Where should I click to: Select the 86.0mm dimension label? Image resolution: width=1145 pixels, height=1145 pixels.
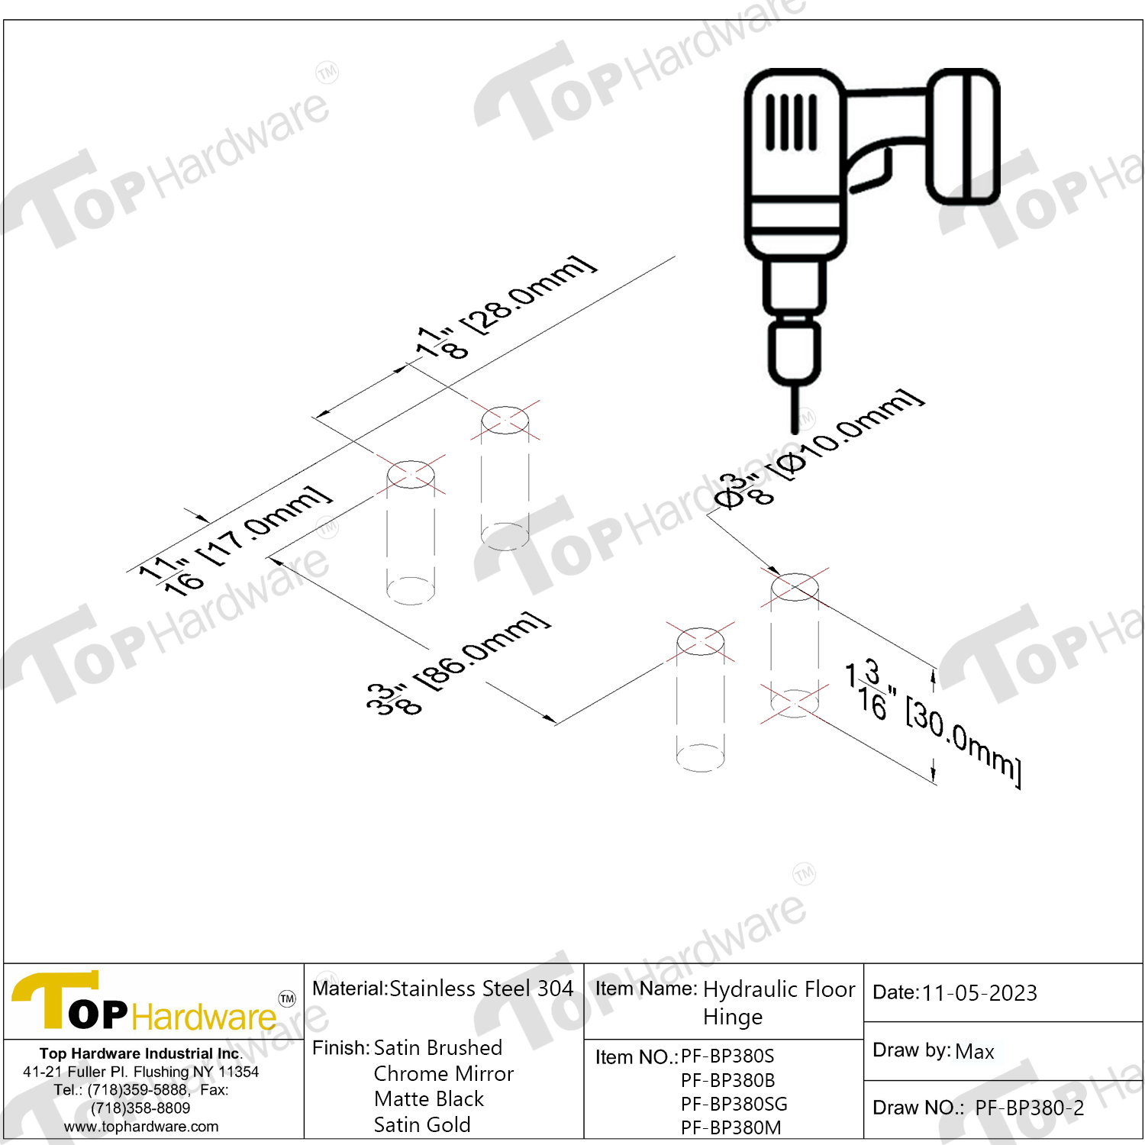pos(458,664)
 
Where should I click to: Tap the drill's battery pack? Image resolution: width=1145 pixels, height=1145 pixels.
pos(963,137)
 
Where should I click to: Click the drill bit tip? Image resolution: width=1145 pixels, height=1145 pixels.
pos(795,430)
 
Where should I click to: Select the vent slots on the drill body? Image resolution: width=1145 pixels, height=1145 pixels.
pos(792,122)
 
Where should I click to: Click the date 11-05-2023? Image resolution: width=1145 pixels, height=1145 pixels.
pos(979,993)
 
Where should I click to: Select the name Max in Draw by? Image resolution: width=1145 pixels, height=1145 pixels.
pos(975,1051)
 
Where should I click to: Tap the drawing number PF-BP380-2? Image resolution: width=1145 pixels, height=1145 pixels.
pos(1030,1108)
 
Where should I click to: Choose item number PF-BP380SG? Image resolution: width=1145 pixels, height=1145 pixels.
pos(734,1104)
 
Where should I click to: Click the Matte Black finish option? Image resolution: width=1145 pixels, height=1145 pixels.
pos(429,1099)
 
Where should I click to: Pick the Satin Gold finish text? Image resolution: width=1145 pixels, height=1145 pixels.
pos(422,1124)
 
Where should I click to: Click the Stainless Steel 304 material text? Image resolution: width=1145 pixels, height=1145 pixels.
pos(482,989)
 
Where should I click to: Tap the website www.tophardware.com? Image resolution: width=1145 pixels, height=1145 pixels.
pos(141,1127)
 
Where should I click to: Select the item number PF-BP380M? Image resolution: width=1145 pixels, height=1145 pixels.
pos(731,1127)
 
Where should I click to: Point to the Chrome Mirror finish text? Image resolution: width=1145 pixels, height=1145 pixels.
pos(443,1074)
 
